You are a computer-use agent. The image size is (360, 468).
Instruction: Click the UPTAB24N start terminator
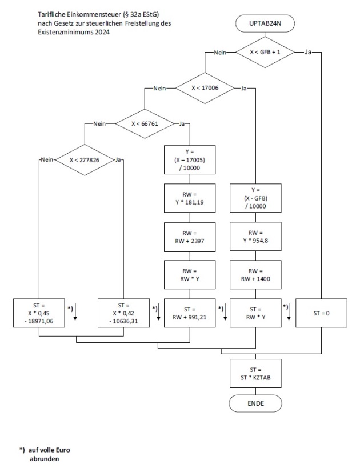pos(264,23)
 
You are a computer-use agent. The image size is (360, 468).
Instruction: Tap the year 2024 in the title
pos(99,33)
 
